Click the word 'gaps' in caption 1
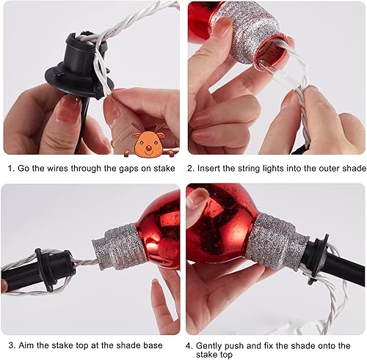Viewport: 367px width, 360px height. pyautogui.click(x=117, y=168)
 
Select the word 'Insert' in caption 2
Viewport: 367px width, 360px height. pyautogui.click(x=213, y=168)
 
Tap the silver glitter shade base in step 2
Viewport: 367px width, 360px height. pyautogui.click(x=252, y=33)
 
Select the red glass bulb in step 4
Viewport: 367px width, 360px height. pyautogui.click(x=220, y=224)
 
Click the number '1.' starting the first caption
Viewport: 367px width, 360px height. pyautogui.click(x=11, y=168)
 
